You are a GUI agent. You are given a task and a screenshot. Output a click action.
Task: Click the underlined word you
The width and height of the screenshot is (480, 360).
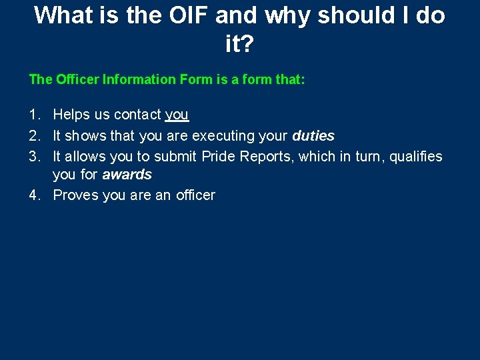[x=177, y=115]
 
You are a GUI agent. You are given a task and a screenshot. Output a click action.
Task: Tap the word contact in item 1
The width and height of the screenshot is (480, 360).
[x=139, y=115]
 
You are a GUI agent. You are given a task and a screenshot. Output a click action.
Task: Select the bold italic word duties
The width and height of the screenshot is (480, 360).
[x=313, y=135]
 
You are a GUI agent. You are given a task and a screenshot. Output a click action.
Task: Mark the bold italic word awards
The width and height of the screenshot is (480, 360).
[x=127, y=175]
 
